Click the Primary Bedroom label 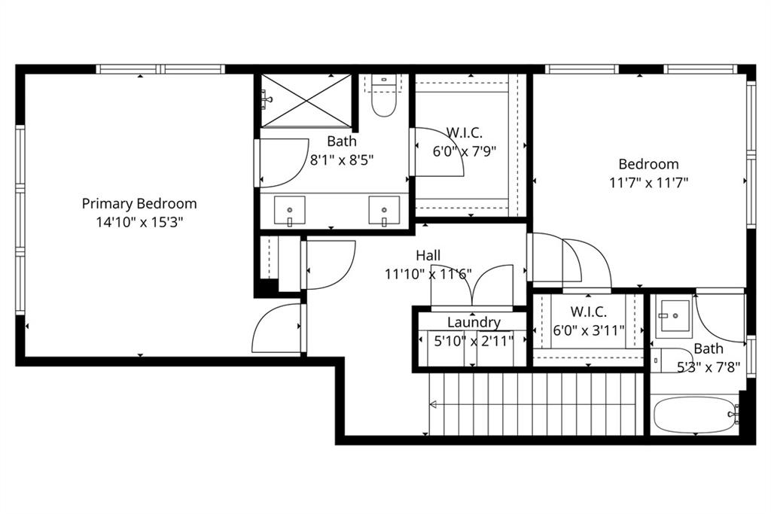pos(139,203)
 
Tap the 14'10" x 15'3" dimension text pos(139,222)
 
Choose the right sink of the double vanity pos(384,210)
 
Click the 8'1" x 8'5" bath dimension pos(342,160)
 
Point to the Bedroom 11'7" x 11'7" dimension pos(648,182)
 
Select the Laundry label pos(474,322)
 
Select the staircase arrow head pos(433,404)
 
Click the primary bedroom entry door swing pos(279,328)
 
